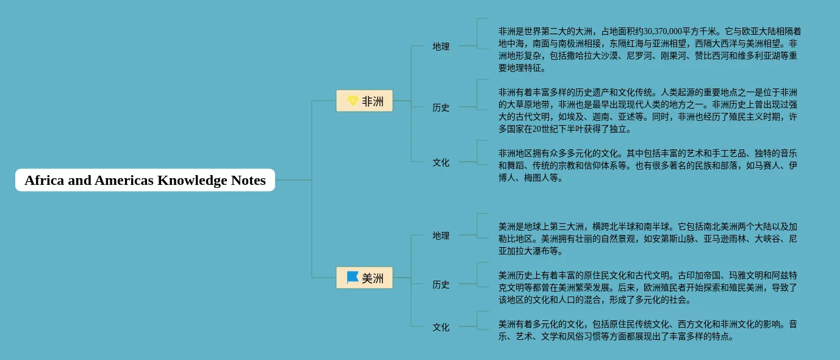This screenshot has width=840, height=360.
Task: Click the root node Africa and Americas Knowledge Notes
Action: click(145, 180)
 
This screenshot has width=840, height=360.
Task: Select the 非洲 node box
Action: click(365, 101)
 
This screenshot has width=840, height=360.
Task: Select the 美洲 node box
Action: click(365, 278)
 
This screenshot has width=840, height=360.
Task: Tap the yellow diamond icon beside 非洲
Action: click(353, 101)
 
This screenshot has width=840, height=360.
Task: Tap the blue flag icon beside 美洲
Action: click(353, 278)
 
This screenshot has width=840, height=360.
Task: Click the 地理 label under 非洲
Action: click(441, 46)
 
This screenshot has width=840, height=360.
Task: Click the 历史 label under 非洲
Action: click(441, 107)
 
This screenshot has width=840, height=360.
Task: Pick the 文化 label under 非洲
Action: click(441, 162)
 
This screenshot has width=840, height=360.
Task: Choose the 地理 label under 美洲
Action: click(441, 236)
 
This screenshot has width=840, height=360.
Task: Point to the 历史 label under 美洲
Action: click(441, 284)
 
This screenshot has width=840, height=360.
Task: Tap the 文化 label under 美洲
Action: click(441, 327)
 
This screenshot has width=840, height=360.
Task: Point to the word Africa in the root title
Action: click(45, 180)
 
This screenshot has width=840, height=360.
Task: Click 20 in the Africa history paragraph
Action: click(537, 129)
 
